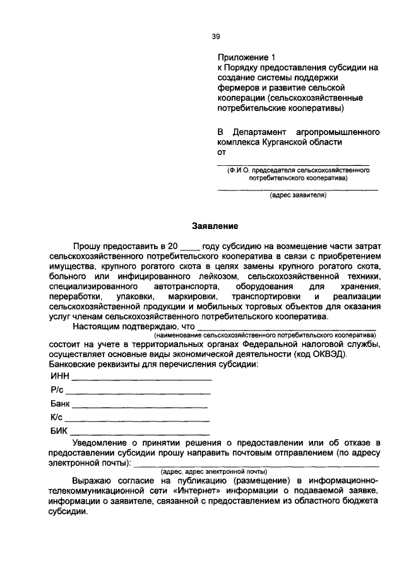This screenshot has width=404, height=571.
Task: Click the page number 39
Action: [215, 36]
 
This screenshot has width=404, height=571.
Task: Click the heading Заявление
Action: [215, 225]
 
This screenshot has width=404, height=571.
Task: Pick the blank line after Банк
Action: [140, 406]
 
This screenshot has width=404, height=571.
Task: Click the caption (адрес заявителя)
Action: [298, 196]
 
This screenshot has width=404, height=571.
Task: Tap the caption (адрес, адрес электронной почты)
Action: [215, 471]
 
